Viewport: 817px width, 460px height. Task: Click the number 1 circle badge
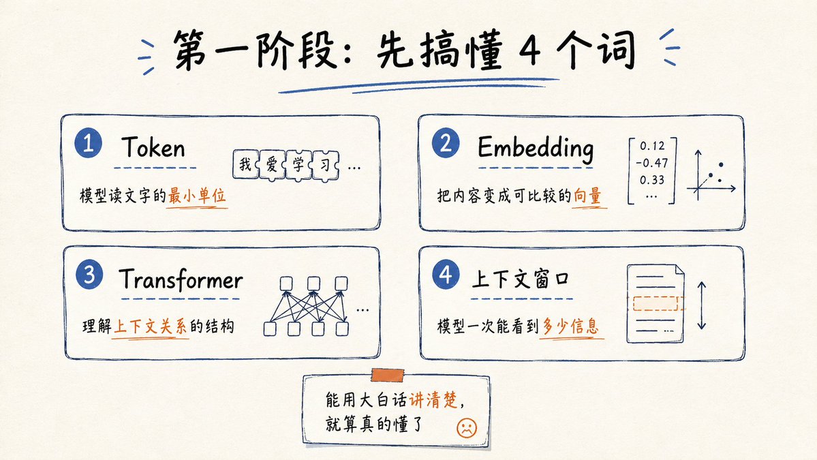pyautogui.click(x=88, y=142)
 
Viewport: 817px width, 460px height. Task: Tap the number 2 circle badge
pyautogui.click(x=446, y=142)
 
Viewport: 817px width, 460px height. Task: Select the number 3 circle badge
pyautogui.click(x=89, y=274)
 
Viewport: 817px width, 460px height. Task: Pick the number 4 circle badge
pyautogui.click(x=446, y=274)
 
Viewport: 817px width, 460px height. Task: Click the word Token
pyautogui.click(x=153, y=147)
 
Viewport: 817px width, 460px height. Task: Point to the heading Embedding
pyautogui.click(x=536, y=148)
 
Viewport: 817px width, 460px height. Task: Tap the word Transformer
pyautogui.click(x=181, y=279)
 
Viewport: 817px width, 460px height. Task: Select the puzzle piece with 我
pyautogui.click(x=245, y=165)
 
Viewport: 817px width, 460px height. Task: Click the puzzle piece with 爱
pyautogui.click(x=272, y=165)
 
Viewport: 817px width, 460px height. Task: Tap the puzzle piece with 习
pyautogui.click(x=325, y=165)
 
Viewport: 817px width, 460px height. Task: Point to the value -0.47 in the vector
pyautogui.click(x=652, y=163)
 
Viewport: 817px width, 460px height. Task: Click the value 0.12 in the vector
pyautogui.click(x=652, y=146)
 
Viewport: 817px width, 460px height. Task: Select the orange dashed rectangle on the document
pyautogui.click(x=657, y=303)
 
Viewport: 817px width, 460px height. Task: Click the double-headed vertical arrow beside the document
pyautogui.click(x=701, y=305)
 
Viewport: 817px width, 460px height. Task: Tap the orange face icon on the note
pyautogui.click(x=466, y=428)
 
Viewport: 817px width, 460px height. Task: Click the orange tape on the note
pyautogui.click(x=388, y=375)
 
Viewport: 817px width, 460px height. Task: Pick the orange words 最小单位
pyautogui.click(x=196, y=196)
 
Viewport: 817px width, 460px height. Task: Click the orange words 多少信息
pyautogui.click(x=570, y=326)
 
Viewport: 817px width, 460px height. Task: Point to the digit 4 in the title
pyautogui.click(x=529, y=50)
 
